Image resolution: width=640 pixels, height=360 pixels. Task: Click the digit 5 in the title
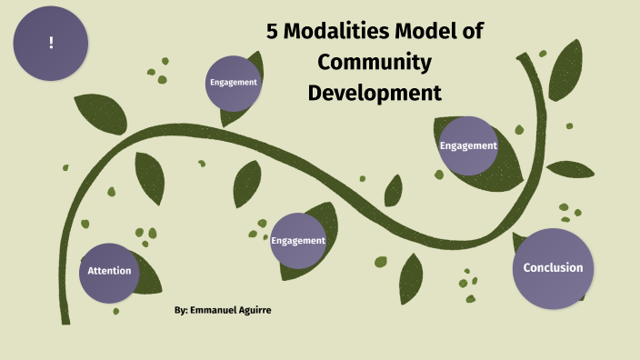pos(272,31)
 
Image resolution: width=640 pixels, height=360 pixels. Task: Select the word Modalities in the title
pos(336,31)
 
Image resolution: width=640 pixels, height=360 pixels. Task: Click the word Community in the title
pos(374,62)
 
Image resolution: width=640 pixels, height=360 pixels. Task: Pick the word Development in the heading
pos(374,92)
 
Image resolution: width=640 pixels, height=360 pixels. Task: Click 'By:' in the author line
pos(181,311)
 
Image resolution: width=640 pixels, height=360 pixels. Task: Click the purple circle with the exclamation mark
pos(51,44)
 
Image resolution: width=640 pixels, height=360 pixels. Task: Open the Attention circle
pos(109,271)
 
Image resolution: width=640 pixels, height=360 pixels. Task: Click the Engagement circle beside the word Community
pos(234,83)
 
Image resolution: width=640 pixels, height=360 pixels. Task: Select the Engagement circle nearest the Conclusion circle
pos(468,145)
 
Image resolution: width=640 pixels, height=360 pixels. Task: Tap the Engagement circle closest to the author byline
pos(298,241)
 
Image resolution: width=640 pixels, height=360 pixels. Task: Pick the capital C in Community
pos(320,62)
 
